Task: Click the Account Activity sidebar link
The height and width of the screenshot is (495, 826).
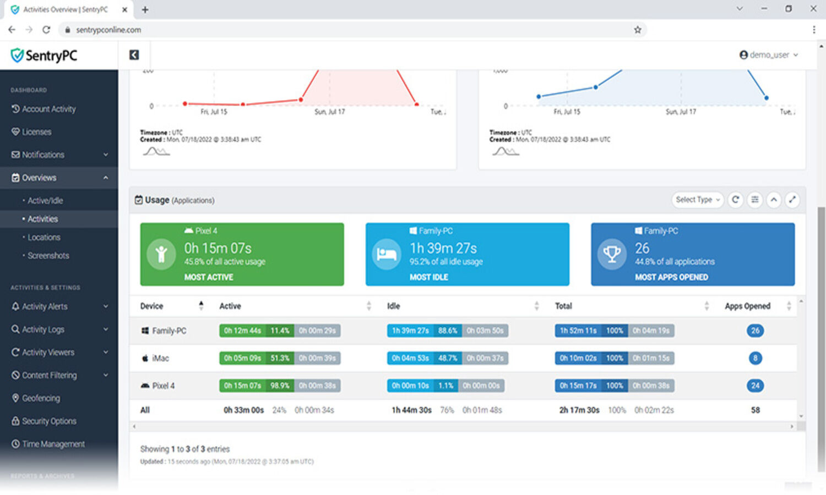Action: [x=48, y=109]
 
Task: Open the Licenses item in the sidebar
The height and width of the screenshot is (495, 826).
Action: [x=36, y=132]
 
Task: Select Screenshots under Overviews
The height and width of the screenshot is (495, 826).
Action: [x=48, y=256]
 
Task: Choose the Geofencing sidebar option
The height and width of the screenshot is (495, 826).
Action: [x=41, y=398]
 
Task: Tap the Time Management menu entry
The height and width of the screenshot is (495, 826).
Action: [x=53, y=444]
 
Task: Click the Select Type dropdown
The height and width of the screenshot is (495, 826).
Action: [x=697, y=200]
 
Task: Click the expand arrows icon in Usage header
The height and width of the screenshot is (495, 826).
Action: [x=792, y=200]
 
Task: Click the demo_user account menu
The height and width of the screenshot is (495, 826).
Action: [x=768, y=55]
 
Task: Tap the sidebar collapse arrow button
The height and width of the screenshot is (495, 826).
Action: [x=134, y=55]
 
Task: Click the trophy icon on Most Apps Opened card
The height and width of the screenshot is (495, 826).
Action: [x=612, y=254]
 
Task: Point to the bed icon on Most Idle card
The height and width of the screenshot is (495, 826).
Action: [x=386, y=254]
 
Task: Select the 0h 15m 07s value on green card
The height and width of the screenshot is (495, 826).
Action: [x=218, y=248]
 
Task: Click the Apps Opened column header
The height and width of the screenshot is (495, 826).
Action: [x=747, y=306]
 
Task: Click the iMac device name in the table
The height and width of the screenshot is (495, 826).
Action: [x=160, y=359]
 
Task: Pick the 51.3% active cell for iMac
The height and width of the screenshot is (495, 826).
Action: [x=280, y=358]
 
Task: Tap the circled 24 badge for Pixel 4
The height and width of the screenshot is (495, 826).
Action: [x=755, y=386]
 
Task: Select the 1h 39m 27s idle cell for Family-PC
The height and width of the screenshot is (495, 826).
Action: [x=410, y=331]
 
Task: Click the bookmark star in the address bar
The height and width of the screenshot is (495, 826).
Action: [x=638, y=30]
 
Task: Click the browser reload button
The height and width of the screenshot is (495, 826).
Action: [x=46, y=30]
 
